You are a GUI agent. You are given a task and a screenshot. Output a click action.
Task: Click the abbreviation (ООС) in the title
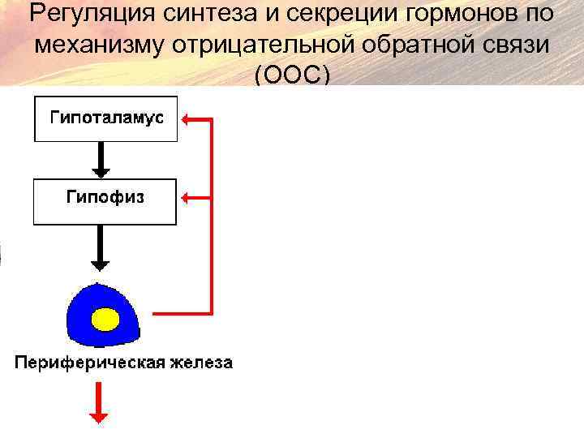click(x=292, y=75)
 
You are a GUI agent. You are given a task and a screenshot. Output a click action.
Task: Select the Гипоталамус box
click(x=105, y=118)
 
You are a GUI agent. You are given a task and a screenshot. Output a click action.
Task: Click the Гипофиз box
click(x=105, y=202)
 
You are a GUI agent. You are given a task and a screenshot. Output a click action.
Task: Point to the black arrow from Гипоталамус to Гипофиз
click(x=101, y=160)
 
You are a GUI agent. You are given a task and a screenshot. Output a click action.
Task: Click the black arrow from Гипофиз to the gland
click(x=101, y=248)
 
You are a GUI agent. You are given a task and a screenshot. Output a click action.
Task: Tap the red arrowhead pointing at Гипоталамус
click(x=187, y=120)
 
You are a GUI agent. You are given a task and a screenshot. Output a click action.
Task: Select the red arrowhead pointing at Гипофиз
click(x=187, y=196)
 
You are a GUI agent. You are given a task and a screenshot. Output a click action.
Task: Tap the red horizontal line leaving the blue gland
click(x=182, y=312)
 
